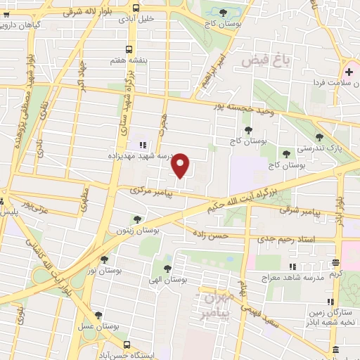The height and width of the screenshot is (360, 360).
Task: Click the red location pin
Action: coord(181,165)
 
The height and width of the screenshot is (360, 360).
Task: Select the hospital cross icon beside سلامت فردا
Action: coord(349,72)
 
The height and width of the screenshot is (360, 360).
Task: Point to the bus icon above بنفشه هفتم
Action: coord(128,49)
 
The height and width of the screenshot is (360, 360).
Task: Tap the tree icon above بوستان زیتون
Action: coord(136,219)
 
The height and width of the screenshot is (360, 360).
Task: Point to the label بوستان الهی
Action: coord(168,279)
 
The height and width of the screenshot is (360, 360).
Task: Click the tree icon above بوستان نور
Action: coord(105,259)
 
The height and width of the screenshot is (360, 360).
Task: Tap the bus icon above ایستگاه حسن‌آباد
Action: coord(127,345)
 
